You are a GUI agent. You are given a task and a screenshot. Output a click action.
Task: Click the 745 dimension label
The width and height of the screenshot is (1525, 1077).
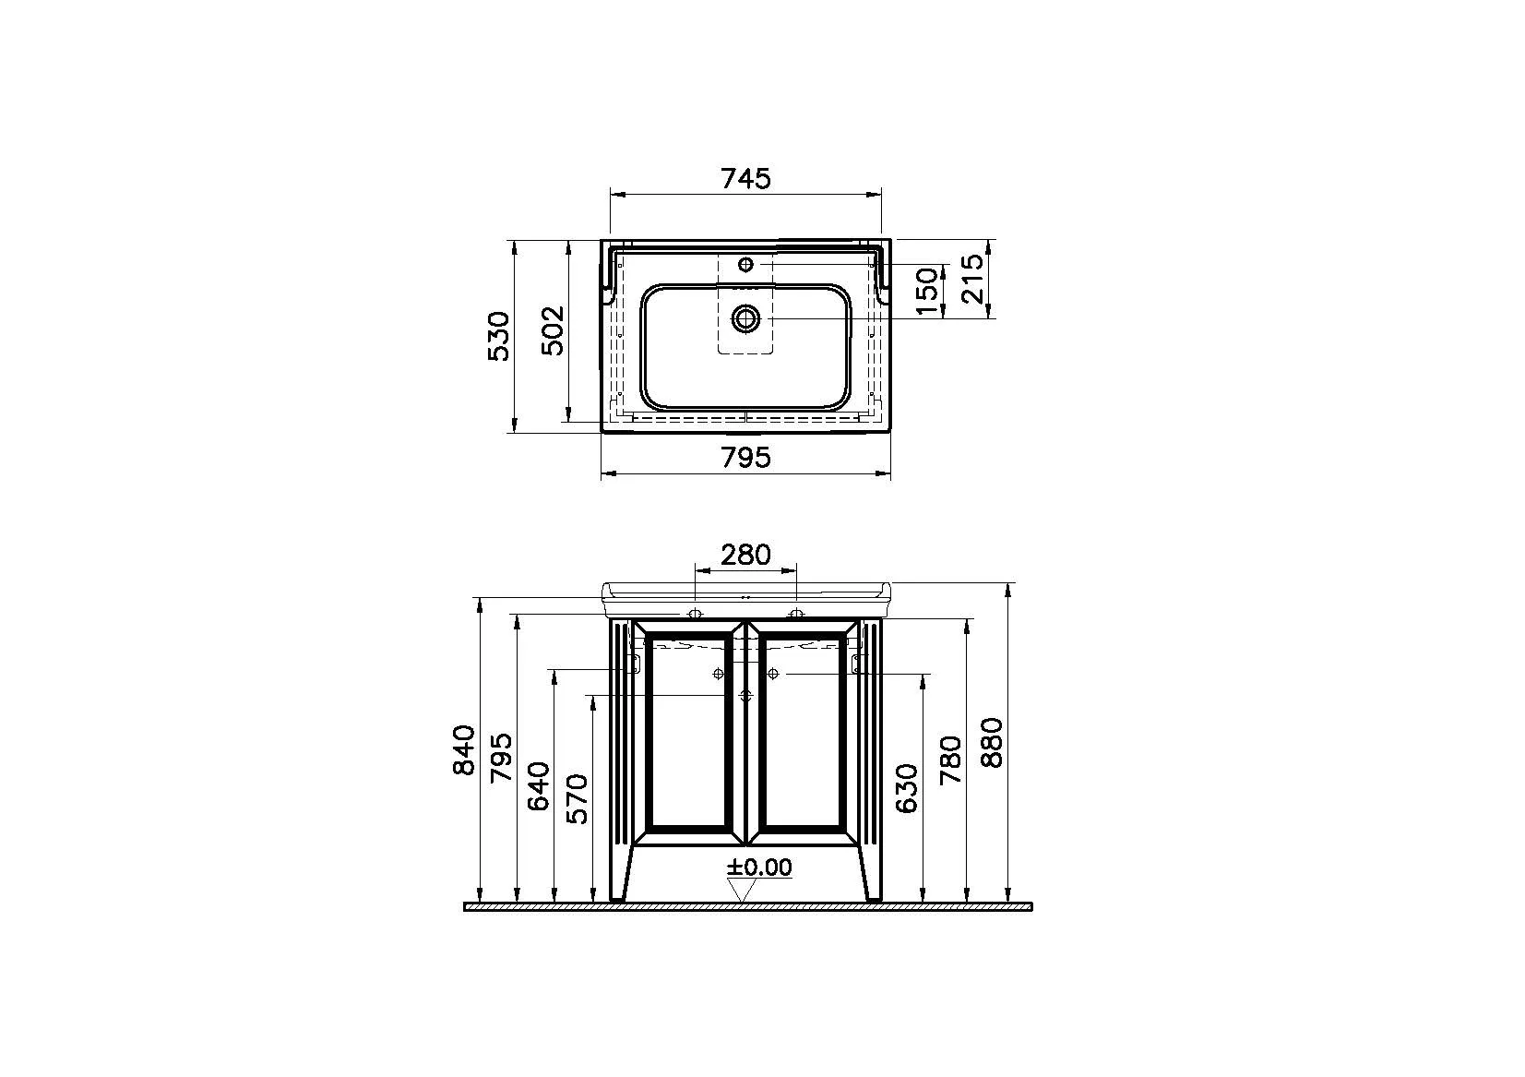(x=745, y=178)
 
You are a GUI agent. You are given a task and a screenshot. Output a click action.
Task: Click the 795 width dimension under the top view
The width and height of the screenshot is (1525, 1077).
(x=745, y=457)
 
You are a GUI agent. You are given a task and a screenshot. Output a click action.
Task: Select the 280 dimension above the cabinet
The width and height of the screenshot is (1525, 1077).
(x=745, y=555)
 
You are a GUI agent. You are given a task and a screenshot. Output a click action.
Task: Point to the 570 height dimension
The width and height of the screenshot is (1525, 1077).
(x=576, y=798)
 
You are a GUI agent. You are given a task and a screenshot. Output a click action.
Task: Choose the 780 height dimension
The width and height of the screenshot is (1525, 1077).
(x=950, y=760)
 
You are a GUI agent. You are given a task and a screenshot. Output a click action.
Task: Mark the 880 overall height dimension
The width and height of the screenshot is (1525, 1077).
(x=993, y=742)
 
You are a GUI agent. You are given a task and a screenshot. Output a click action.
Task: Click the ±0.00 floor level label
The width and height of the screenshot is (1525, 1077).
(x=758, y=868)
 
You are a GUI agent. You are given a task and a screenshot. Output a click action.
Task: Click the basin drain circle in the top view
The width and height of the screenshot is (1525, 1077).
(x=745, y=319)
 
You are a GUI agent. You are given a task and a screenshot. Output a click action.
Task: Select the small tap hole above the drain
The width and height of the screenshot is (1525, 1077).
(x=745, y=265)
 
